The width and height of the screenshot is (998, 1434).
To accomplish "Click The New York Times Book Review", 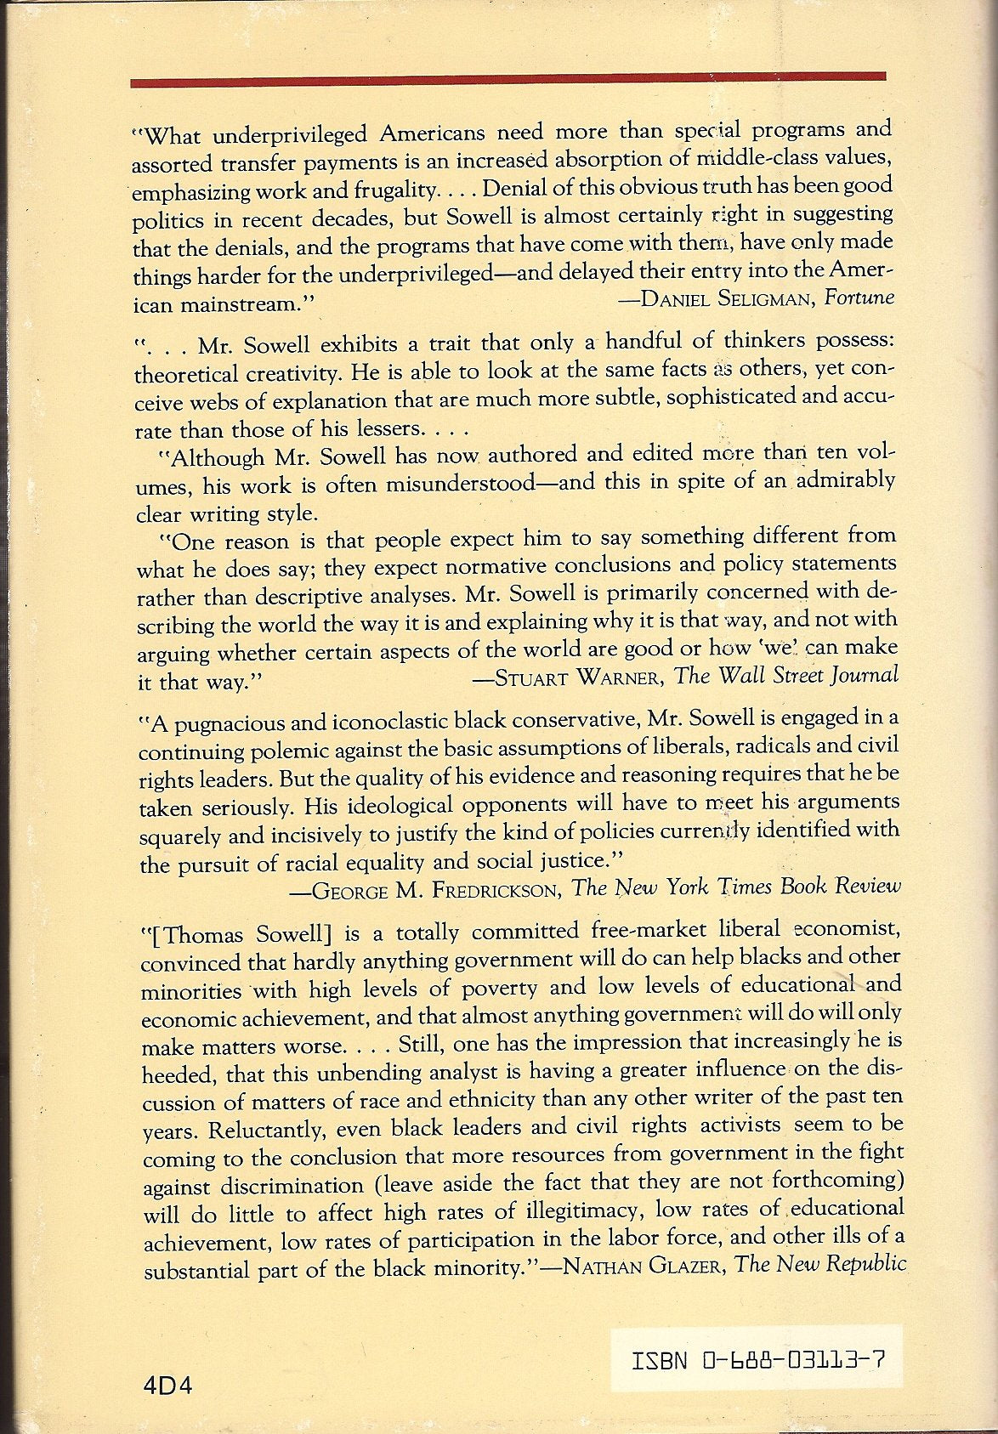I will pyautogui.click(x=735, y=887).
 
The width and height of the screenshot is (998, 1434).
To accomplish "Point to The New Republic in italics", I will pyautogui.click(x=820, y=1264).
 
